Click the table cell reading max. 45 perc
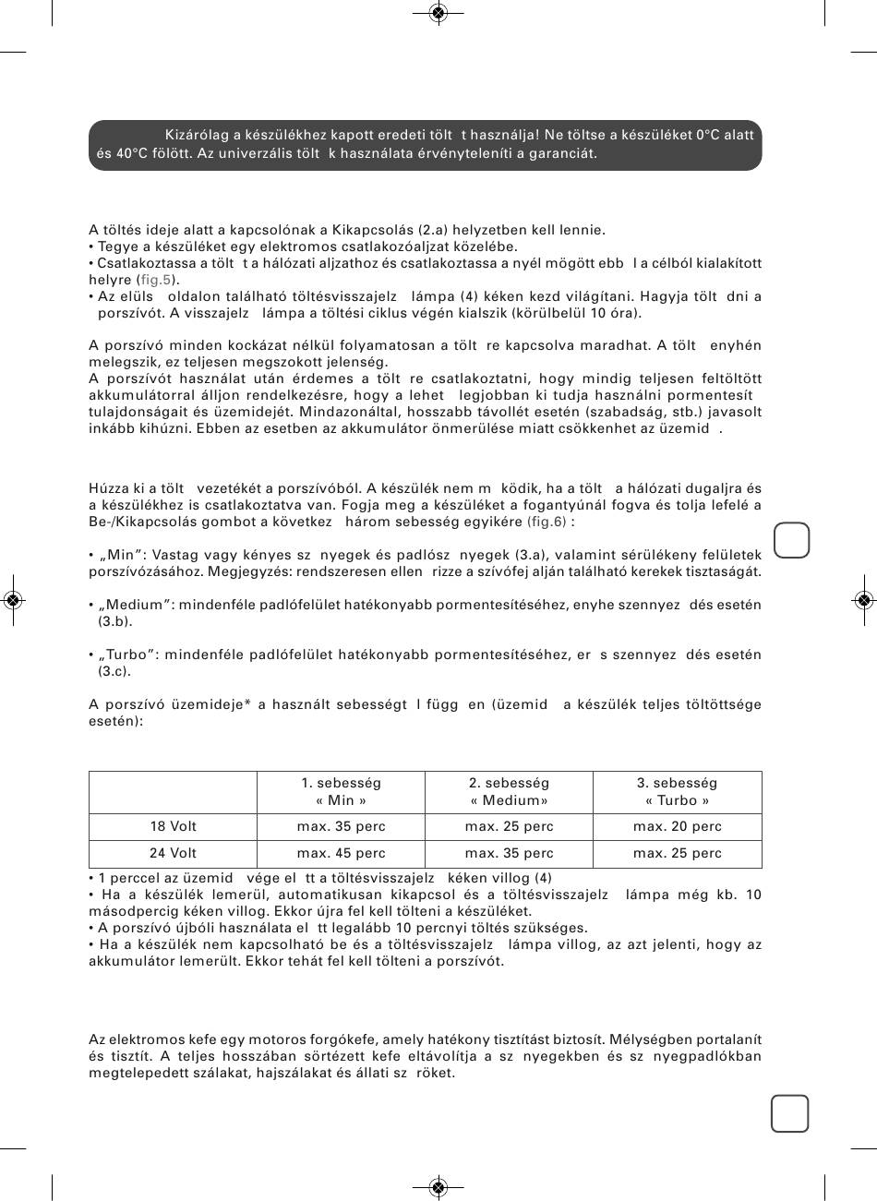[x=341, y=853]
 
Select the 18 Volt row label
[x=174, y=826]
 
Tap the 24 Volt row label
[x=174, y=853]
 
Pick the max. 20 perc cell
[x=677, y=826]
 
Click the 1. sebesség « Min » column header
[x=341, y=791]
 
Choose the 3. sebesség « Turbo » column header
[x=677, y=791]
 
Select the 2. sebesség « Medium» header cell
[x=509, y=791]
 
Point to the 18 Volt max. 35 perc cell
[x=341, y=826]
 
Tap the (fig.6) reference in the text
[x=547, y=522]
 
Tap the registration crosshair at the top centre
[x=438, y=12]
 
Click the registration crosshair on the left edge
[x=12, y=600]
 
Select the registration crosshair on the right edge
[x=864, y=600]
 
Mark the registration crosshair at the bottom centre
[x=438, y=1187]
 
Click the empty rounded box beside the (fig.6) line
[x=791, y=540]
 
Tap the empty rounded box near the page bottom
[x=790, y=1113]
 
